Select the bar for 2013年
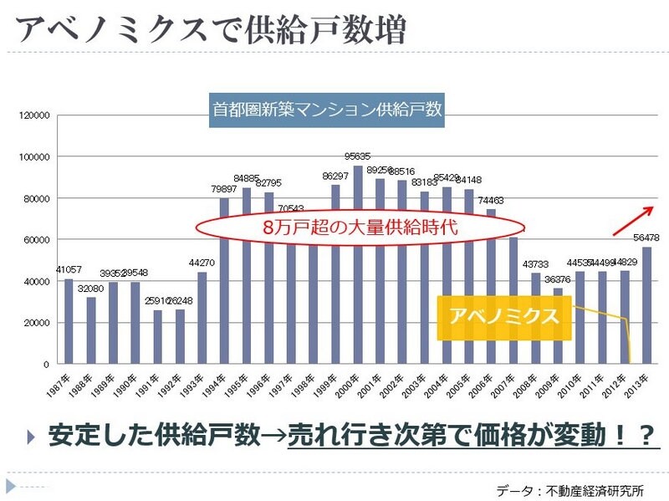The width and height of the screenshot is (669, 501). point(646,305)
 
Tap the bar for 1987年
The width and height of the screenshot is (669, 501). point(69,321)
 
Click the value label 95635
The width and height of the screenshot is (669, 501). point(358,156)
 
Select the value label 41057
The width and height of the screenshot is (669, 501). point(69,269)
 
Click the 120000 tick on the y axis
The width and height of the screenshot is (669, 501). point(37,115)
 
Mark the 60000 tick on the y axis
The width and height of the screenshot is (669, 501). point(39,240)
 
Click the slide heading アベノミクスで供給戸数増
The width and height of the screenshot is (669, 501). point(211,30)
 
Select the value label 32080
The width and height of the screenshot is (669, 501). point(90,289)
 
